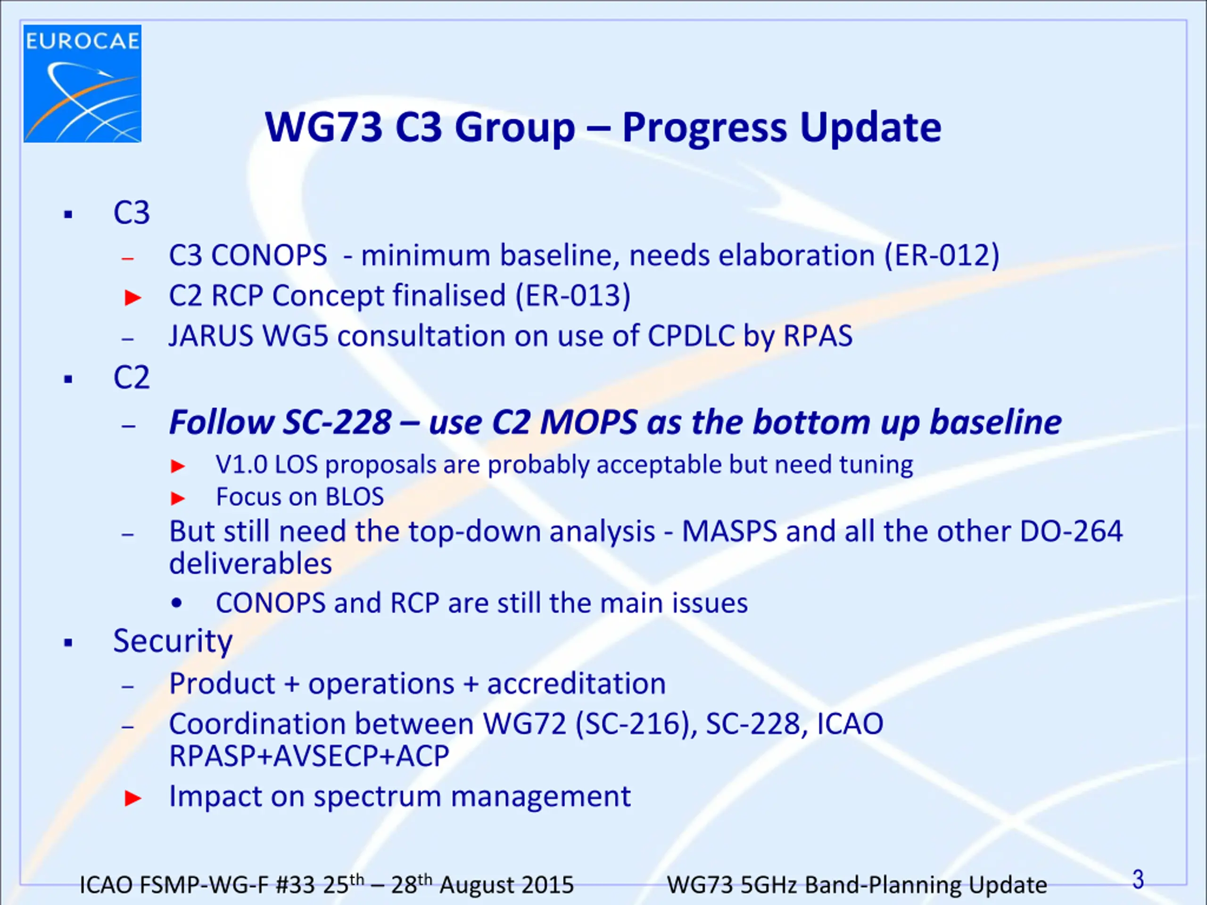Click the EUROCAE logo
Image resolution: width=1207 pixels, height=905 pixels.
click(x=83, y=83)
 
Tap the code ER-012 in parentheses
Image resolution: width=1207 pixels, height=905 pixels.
click(x=942, y=255)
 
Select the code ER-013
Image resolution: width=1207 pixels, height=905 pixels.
click(x=572, y=296)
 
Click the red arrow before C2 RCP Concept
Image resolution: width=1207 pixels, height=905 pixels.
click(x=133, y=298)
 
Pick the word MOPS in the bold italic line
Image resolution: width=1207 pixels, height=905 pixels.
click(x=589, y=422)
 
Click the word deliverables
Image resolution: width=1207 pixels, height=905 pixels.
click(x=250, y=564)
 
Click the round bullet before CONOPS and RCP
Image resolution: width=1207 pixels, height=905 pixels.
click(x=176, y=604)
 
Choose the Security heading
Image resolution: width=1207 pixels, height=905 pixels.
click(x=173, y=641)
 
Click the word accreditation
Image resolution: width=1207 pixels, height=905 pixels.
click(x=576, y=683)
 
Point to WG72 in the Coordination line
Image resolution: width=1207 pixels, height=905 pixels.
click(x=524, y=724)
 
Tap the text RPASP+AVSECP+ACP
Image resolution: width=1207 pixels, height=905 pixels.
click(x=309, y=756)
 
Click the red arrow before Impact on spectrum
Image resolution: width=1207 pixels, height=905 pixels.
click(x=133, y=798)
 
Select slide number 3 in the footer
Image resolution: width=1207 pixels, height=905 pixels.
click(x=1138, y=880)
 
